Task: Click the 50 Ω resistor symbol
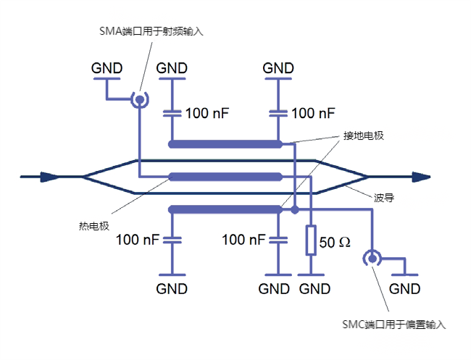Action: [311, 240]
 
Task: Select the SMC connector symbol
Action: [372, 258]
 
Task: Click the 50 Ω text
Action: [335, 243]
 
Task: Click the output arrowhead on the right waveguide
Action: [421, 176]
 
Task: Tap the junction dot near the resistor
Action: [295, 210]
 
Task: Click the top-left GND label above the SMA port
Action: [107, 68]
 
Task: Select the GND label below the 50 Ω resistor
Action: [314, 288]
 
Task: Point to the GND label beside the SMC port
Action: [404, 288]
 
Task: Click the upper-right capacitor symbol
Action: [278, 113]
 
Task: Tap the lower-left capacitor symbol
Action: [172, 239]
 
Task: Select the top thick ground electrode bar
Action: [225, 143]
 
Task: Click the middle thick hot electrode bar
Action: [225, 176]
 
